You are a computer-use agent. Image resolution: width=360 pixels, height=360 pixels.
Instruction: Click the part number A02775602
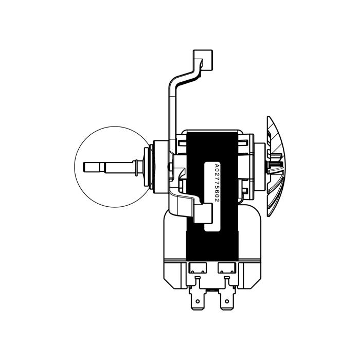(x=217, y=183)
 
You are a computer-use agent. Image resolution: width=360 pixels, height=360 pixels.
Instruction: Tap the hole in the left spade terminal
(x=197, y=301)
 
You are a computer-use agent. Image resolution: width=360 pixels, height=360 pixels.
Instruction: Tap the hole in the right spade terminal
(x=227, y=301)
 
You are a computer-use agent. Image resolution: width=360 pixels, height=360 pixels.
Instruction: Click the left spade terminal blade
(x=197, y=299)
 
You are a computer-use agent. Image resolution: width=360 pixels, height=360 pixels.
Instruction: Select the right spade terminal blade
(x=227, y=299)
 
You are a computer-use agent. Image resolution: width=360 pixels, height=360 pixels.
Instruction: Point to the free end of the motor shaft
(x=84, y=167)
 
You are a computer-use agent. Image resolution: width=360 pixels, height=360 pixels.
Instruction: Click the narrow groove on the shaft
(x=102, y=167)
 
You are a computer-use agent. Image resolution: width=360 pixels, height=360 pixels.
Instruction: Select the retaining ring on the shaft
(x=136, y=168)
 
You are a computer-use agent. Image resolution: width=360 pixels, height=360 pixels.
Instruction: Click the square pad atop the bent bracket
(x=203, y=60)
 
